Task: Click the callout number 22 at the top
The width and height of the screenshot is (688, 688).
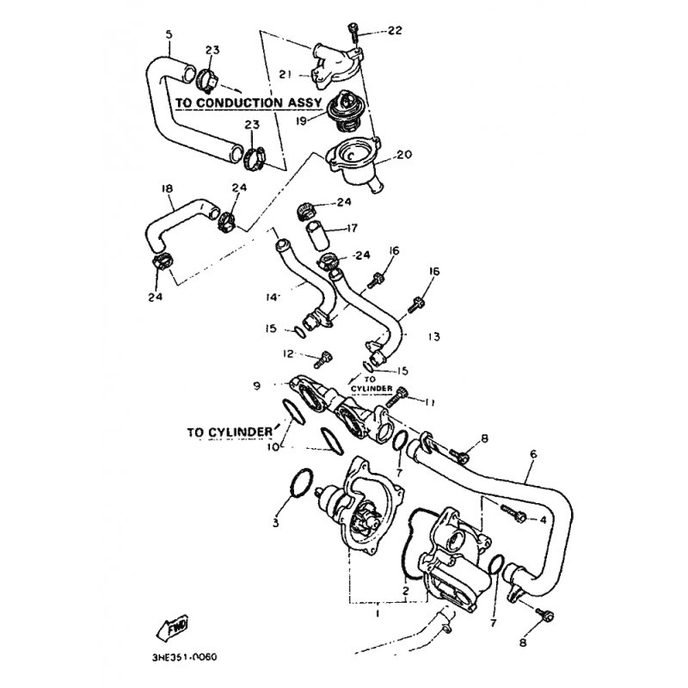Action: [x=395, y=31]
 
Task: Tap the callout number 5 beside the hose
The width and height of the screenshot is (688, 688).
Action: [x=169, y=34]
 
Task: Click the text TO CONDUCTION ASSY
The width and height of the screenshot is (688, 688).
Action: [x=249, y=101]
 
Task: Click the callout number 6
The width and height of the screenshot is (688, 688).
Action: [x=533, y=453]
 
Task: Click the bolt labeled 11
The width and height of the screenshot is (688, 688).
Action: [x=406, y=398]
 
